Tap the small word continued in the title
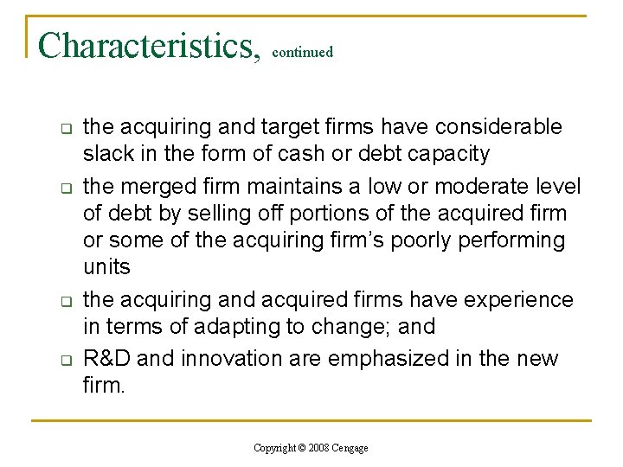point(302,53)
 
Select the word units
point(106,266)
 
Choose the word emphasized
point(390,358)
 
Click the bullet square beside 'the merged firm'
point(64,188)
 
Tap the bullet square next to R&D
point(64,360)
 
